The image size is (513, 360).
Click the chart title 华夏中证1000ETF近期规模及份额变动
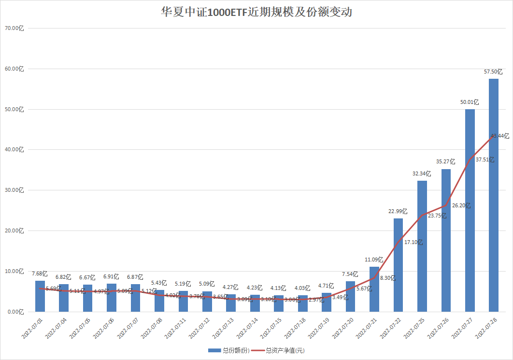(x=256, y=12)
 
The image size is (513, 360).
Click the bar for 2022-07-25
(x=422, y=246)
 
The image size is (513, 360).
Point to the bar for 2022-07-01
(x=40, y=296)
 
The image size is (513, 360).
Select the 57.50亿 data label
(x=493, y=72)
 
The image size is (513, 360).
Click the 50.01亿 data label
(x=470, y=102)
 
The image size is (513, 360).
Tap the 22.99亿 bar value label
(x=398, y=211)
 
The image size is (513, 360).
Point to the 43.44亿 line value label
(x=499, y=136)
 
